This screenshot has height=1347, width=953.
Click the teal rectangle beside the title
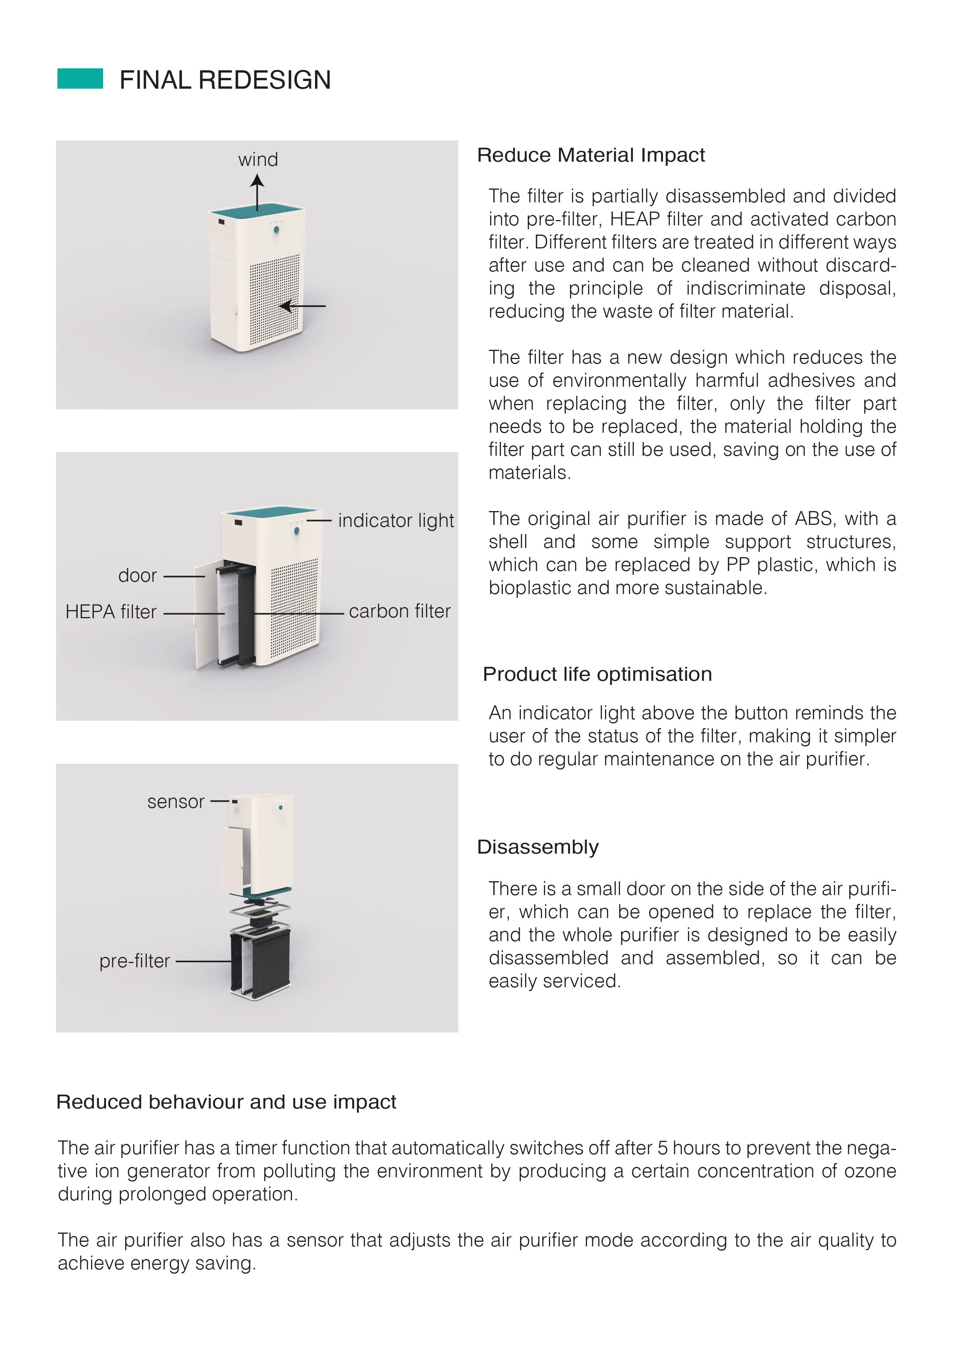[80, 79]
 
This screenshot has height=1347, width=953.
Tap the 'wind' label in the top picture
[258, 160]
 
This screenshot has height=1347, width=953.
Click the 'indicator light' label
[396, 520]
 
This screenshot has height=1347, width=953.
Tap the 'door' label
[137, 576]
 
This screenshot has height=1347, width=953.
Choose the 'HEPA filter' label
[111, 612]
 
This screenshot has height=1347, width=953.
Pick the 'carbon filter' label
[399, 611]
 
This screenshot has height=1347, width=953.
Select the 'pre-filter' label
[134, 961]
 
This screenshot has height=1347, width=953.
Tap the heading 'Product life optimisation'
[597, 674]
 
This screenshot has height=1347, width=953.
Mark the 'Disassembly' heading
[537, 847]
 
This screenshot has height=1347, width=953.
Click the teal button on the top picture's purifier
[277, 229]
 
